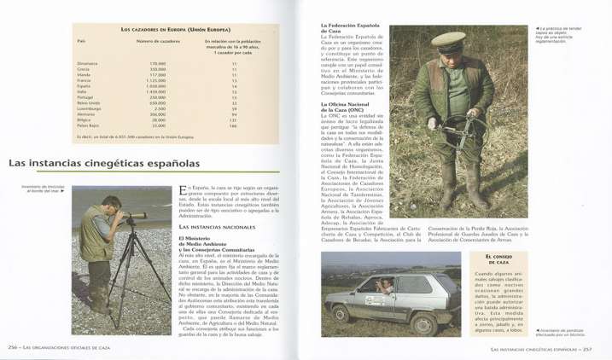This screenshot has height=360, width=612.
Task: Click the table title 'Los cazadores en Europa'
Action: point(172,29)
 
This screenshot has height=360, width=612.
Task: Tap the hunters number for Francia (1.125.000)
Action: point(156,79)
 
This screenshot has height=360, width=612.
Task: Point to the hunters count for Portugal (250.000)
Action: point(157,97)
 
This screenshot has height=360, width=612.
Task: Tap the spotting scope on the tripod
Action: point(134,220)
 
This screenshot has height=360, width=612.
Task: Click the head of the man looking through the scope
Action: point(111,205)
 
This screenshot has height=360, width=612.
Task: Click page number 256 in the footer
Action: point(13,347)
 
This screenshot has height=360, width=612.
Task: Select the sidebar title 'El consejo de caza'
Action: point(498,259)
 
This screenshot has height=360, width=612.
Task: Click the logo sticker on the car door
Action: point(372,299)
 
